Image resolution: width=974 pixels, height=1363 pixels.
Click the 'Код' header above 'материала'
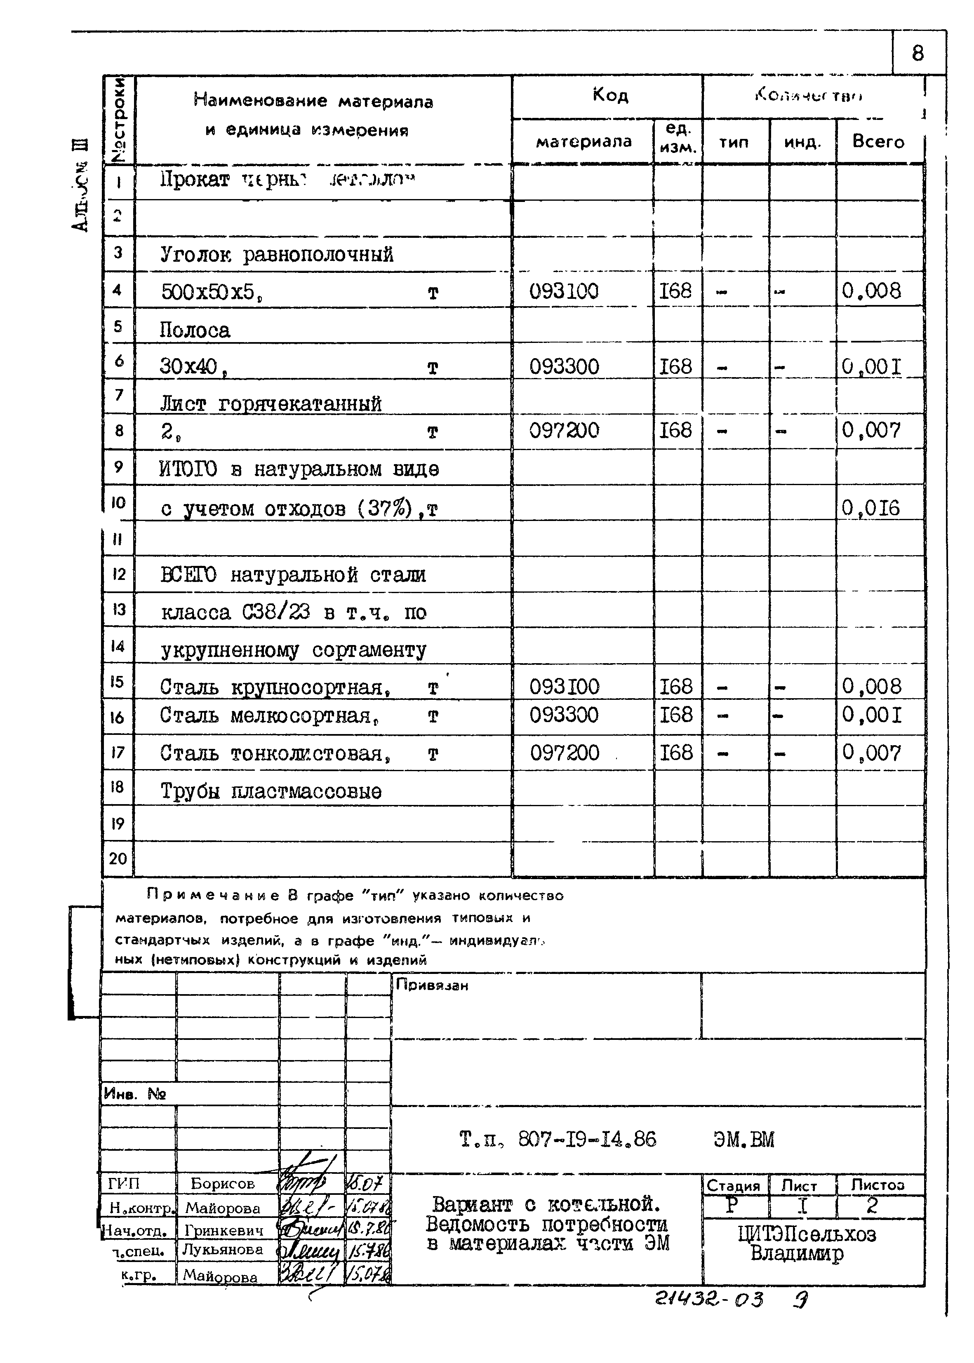click(x=609, y=95)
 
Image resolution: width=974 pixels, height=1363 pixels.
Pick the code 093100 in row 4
click(x=563, y=291)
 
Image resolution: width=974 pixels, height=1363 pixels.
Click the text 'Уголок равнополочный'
click(x=276, y=255)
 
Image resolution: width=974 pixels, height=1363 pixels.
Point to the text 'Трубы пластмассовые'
click(x=271, y=791)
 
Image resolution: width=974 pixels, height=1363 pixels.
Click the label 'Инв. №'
click(x=134, y=1094)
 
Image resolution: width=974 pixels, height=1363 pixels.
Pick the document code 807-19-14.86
click(x=586, y=1139)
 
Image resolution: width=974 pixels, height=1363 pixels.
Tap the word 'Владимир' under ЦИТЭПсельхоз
click(x=796, y=1253)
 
